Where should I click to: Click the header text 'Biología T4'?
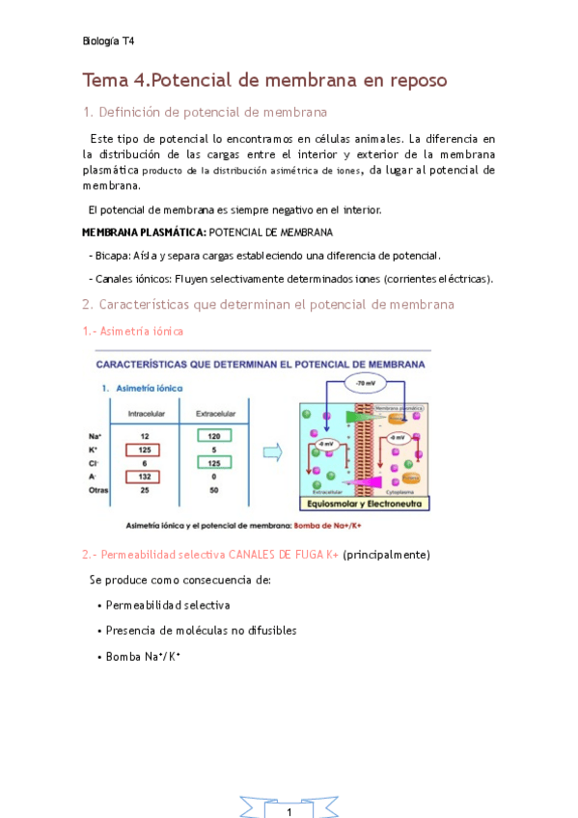coord(108,41)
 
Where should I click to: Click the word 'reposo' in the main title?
coord(410,80)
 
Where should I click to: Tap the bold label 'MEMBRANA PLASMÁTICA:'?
coord(144,232)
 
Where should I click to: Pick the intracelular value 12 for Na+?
coord(144,435)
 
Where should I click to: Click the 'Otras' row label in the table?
coord(98,490)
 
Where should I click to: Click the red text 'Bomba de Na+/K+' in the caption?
coord(331,526)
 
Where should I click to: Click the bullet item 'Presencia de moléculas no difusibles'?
coord(197,630)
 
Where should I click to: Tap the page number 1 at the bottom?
coord(289,812)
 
